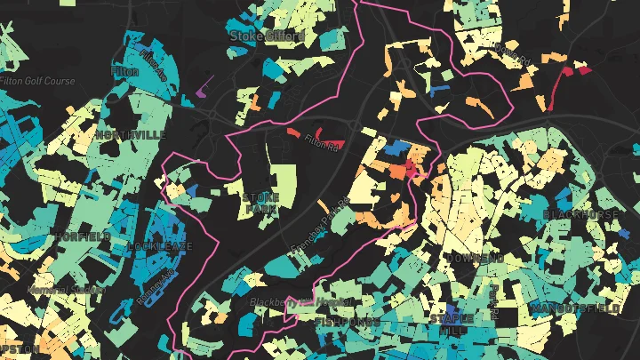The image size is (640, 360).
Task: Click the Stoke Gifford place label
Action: (x=267, y=36)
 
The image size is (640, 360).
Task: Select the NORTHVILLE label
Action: (x=131, y=134)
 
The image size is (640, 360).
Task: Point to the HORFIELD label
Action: (x=83, y=236)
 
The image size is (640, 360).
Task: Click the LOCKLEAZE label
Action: (x=159, y=245)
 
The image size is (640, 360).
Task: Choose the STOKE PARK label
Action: (x=260, y=203)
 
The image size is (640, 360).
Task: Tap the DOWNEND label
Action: (x=474, y=258)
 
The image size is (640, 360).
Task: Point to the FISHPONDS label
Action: (x=348, y=321)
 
